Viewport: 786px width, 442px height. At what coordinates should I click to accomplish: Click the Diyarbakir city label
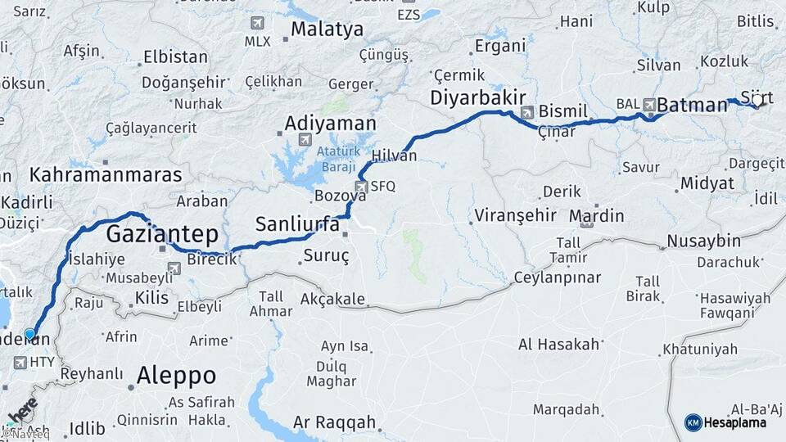click(477, 98)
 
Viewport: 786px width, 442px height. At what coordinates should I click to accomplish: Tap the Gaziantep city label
click(163, 235)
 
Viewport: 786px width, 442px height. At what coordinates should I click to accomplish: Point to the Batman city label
click(692, 104)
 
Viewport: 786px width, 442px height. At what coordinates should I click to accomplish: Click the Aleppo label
click(176, 376)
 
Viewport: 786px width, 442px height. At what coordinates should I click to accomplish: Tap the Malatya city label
click(327, 30)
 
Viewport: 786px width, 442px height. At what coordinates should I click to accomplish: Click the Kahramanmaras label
click(106, 174)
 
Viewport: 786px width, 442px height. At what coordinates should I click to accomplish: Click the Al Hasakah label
click(559, 345)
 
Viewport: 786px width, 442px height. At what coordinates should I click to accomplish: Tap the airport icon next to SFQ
click(361, 186)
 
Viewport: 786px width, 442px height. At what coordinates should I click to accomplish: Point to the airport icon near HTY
click(20, 362)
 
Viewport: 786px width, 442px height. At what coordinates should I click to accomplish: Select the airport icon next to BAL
click(650, 104)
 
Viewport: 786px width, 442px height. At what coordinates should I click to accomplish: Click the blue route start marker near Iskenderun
click(30, 334)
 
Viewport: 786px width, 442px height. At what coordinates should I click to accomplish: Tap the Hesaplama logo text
click(737, 422)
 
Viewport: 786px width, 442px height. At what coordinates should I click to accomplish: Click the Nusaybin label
click(703, 241)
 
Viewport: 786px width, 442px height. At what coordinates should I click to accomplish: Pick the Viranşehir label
click(514, 215)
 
